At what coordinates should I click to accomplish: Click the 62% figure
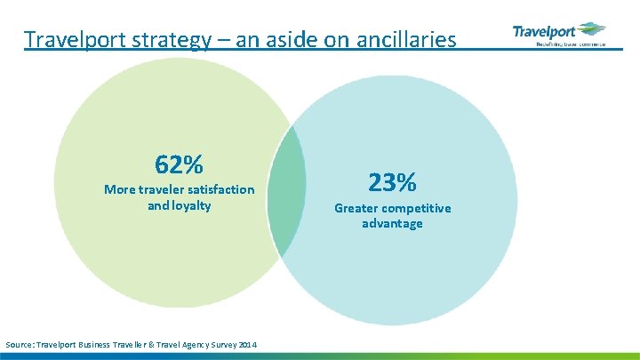(179, 165)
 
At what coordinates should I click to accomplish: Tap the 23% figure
(392, 183)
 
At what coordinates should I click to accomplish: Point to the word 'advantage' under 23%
(392, 224)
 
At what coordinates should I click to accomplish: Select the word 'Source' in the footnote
(20, 344)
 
